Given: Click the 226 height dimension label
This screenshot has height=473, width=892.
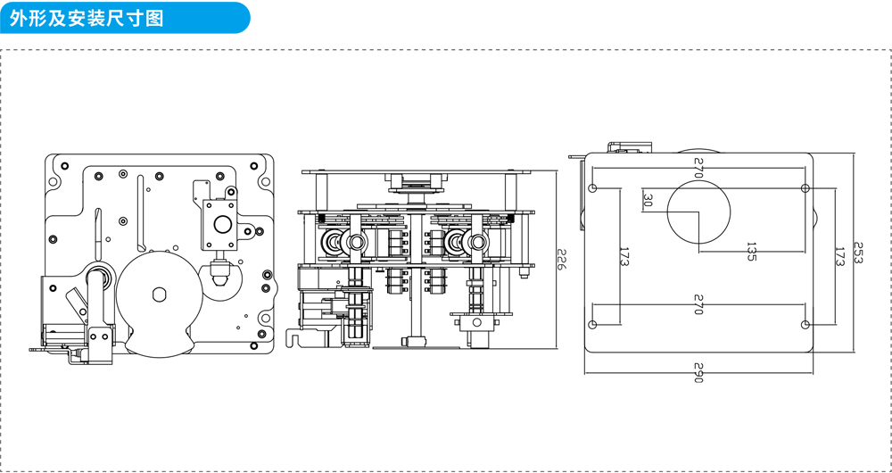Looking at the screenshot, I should (561, 260).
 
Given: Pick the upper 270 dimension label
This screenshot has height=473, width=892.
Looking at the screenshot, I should (698, 171).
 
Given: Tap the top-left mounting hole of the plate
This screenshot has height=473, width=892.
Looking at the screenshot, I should (593, 188).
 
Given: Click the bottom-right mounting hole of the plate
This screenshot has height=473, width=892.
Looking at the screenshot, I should (805, 324).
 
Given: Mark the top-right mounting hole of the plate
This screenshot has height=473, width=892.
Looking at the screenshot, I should (805, 188).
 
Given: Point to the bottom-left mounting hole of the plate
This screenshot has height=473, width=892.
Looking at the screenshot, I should (593, 324).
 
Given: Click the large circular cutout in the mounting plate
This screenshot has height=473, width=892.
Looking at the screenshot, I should (698, 212).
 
